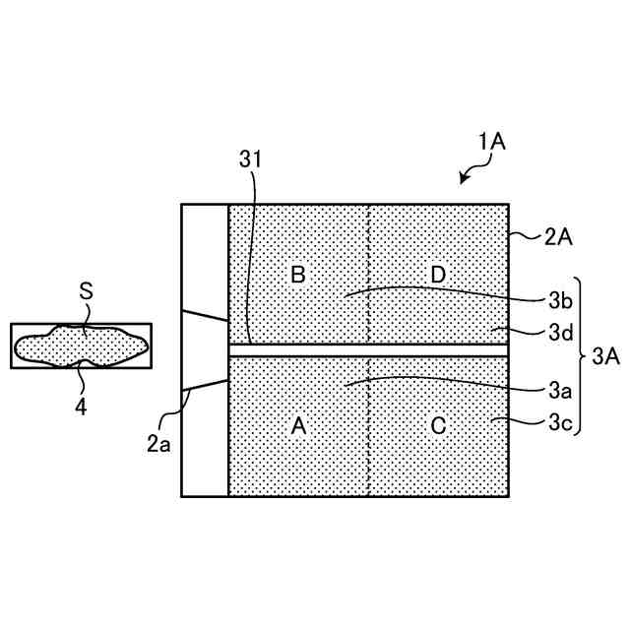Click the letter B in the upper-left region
[298, 275]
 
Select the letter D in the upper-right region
[439, 275]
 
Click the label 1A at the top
[491, 142]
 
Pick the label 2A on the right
[558, 236]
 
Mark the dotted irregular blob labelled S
[82, 346]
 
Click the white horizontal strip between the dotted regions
[368, 349]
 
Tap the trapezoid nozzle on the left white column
[207, 349]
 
